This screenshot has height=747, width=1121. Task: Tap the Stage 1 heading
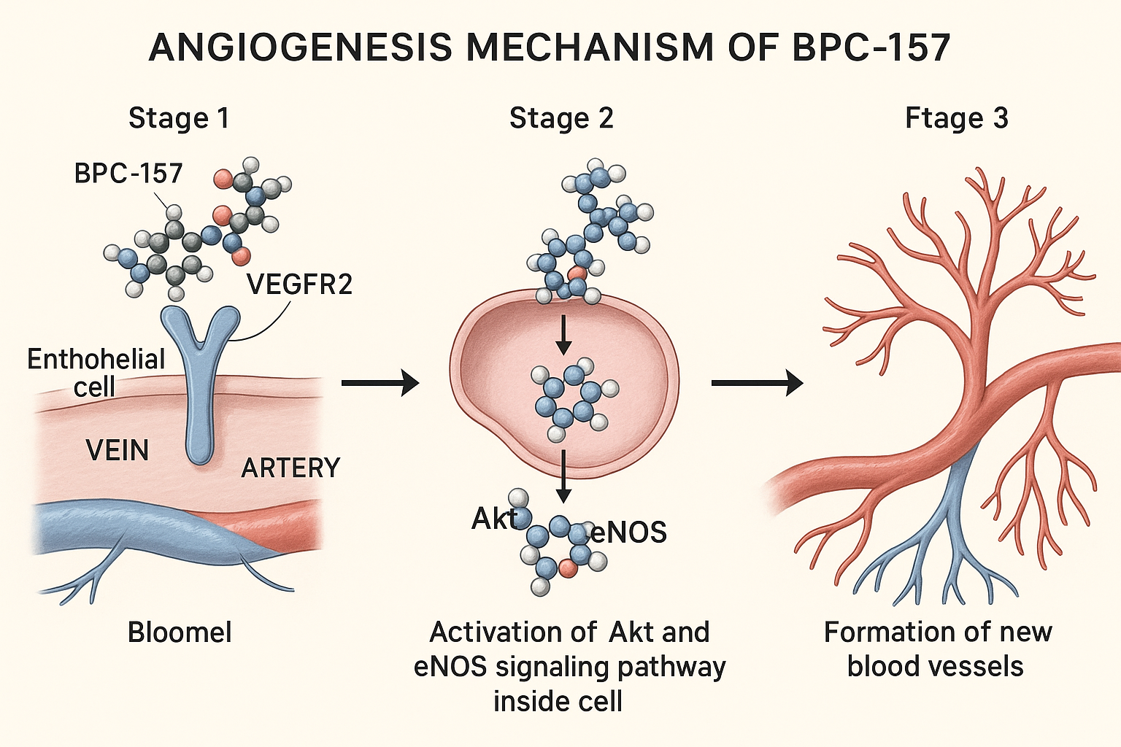click(x=179, y=118)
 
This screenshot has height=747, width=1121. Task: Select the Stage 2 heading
click(x=561, y=118)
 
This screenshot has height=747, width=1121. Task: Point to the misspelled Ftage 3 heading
click(x=956, y=118)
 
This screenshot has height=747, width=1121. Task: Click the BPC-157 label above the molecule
click(x=128, y=174)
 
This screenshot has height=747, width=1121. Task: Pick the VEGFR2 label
click(x=299, y=284)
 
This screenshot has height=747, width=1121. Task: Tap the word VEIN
click(x=118, y=450)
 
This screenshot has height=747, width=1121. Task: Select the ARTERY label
click(x=290, y=468)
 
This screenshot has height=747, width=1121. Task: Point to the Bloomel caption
click(x=180, y=632)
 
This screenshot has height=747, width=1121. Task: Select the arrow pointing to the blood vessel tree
click(x=756, y=382)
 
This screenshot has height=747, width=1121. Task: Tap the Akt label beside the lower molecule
click(x=494, y=519)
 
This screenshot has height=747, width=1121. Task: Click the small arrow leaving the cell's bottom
click(x=563, y=475)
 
